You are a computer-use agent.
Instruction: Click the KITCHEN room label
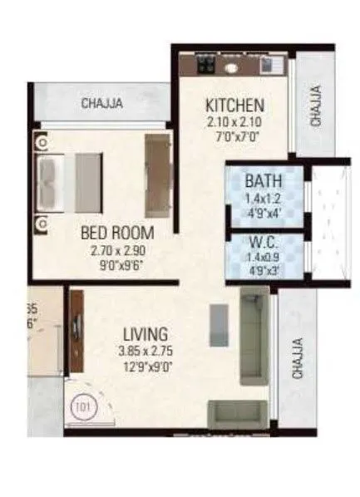pyautogui.click(x=235, y=106)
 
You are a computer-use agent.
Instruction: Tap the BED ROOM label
pyautogui.click(x=125, y=231)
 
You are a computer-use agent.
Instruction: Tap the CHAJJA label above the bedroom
pyautogui.click(x=103, y=103)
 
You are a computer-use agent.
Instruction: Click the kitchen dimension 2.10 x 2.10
pyautogui.click(x=235, y=121)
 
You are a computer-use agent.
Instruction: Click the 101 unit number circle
pyautogui.click(x=81, y=407)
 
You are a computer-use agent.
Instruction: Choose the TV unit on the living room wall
pyautogui.click(x=76, y=331)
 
